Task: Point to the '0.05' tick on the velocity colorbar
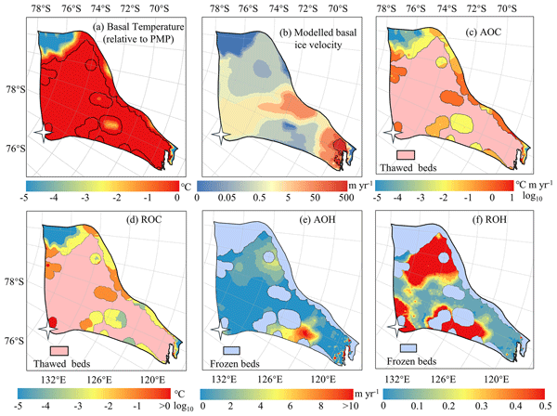[229, 199]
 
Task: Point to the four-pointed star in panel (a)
[40, 135]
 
